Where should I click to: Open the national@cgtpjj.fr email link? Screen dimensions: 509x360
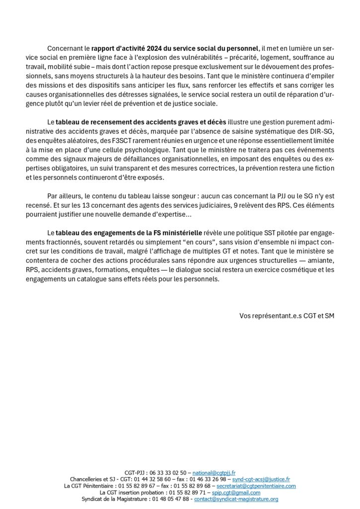point(214,472)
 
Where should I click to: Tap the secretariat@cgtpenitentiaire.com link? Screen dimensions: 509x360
point(256,486)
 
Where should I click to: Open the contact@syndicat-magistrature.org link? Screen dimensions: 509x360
point(236,499)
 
